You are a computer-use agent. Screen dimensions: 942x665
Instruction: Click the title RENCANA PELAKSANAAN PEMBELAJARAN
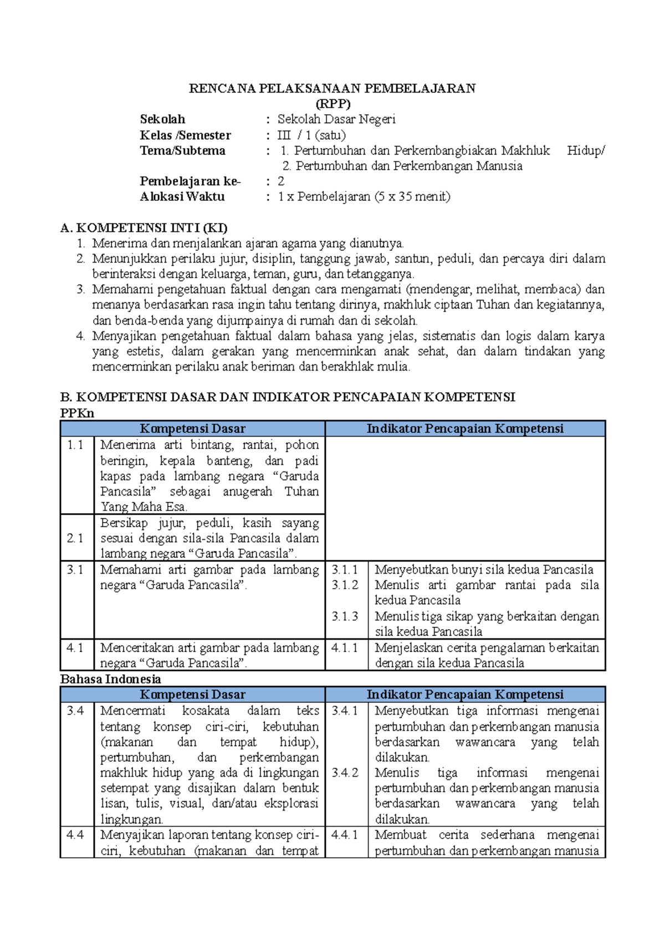[332, 88]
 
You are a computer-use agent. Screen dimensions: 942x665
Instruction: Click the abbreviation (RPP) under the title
[332, 104]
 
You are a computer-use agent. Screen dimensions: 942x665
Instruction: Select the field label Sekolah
[162, 119]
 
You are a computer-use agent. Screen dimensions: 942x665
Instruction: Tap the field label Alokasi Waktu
[182, 196]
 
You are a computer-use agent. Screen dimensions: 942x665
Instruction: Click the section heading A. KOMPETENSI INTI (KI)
[144, 227]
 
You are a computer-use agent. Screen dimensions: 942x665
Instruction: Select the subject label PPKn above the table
[77, 413]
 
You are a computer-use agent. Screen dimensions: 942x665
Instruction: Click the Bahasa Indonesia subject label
[110, 679]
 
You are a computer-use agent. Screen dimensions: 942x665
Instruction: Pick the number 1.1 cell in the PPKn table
[75, 445]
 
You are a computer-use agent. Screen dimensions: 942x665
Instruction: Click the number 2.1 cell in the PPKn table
[75, 538]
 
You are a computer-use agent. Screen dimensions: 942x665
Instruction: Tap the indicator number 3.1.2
[345, 585]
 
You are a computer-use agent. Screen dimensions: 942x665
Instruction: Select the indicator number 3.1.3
[345, 616]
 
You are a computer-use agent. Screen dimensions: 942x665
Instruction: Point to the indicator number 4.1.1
[345, 647]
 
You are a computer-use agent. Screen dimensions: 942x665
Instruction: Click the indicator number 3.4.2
[345, 772]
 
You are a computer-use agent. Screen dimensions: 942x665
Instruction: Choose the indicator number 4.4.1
[345, 834]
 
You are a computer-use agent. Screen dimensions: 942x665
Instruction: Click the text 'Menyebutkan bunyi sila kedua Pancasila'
[484, 570]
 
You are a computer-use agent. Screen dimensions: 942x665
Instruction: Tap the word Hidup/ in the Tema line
[586, 150]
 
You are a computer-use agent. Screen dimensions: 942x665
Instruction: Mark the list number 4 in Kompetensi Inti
[81, 336]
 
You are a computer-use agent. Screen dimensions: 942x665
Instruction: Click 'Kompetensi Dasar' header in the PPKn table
[192, 428]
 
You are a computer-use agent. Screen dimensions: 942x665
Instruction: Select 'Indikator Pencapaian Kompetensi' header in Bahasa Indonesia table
[465, 695]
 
